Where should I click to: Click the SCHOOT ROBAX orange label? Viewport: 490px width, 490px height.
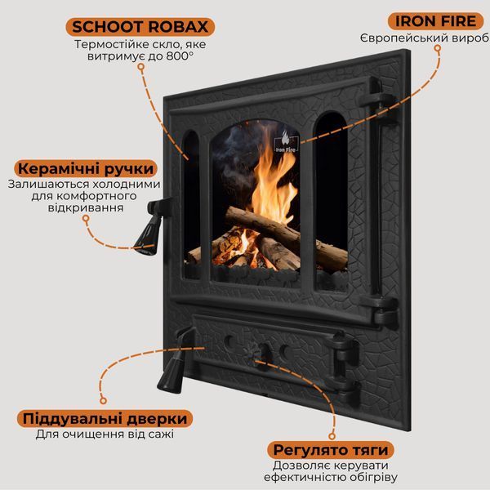(x=140, y=27)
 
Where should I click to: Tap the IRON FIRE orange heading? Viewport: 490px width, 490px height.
(x=435, y=21)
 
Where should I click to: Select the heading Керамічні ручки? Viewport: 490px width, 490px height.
(x=86, y=169)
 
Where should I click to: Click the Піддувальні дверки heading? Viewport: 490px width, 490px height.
(x=105, y=418)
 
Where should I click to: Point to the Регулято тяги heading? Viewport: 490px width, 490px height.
(x=331, y=450)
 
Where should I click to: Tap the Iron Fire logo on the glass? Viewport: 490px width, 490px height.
(x=286, y=142)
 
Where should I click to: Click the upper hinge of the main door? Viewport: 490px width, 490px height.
(x=378, y=100)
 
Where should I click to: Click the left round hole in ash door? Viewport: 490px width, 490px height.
(x=230, y=341)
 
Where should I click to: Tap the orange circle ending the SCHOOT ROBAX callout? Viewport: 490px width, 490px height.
(x=141, y=67)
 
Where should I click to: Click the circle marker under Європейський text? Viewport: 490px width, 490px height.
(x=438, y=48)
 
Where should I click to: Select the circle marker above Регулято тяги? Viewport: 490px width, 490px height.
(x=332, y=436)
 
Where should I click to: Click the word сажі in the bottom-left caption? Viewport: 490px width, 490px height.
(x=163, y=434)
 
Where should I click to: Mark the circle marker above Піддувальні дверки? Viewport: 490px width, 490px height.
(x=103, y=400)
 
